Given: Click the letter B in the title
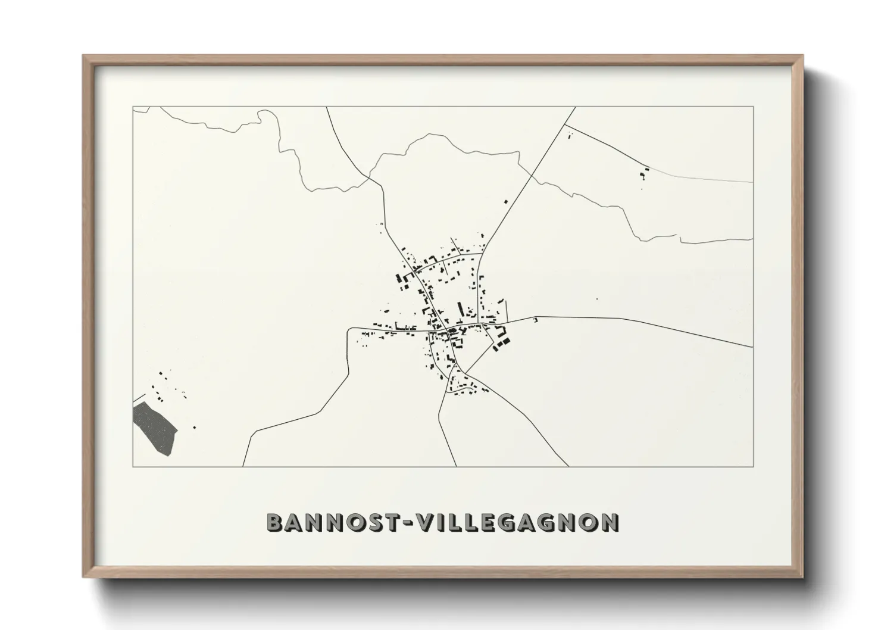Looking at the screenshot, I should [x=274, y=522].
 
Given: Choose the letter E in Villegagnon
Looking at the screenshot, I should [x=490, y=522].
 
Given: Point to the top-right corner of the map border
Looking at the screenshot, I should [x=753, y=107].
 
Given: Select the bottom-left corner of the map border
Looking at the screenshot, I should [x=133, y=466].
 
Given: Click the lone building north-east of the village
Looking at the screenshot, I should [x=507, y=202].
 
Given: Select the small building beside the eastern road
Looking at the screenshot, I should [x=535, y=321].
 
